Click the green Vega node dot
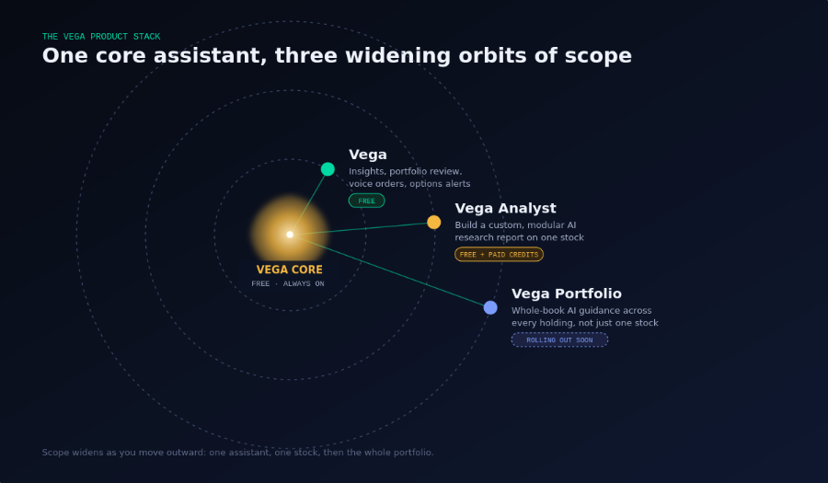coord(328,169)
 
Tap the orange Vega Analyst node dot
coord(434,223)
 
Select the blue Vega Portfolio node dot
coord(490,308)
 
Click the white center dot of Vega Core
coord(290,235)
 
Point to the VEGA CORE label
coord(290,270)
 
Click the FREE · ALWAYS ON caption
coord(288,284)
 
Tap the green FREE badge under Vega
coord(366,201)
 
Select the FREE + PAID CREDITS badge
coord(499,255)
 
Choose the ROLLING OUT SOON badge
coord(559,340)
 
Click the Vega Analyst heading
coord(505,209)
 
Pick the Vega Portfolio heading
coord(567,294)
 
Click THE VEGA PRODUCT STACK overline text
coord(101,37)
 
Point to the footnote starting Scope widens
coord(237,453)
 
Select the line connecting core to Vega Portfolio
coord(390,271)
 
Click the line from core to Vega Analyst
coord(362,228)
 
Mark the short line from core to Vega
coord(309,201)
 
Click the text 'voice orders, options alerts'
coord(409,184)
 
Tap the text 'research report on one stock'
coord(520,237)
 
